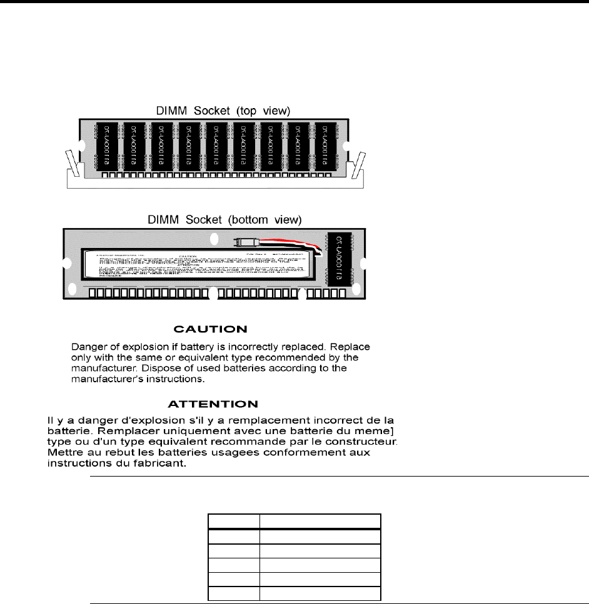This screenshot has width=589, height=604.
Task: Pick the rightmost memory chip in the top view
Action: (326, 146)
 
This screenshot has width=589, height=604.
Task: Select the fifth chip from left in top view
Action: (216, 146)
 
